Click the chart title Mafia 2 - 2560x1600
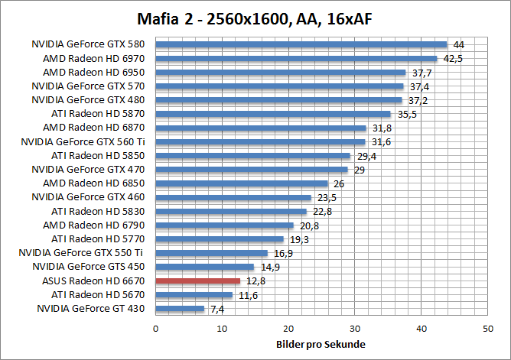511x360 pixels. click(x=255, y=17)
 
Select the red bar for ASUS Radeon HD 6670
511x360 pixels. click(x=198, y=281)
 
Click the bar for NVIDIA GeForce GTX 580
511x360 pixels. click(x=301, y=44)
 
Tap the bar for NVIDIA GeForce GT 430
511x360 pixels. click(x=180, y=308)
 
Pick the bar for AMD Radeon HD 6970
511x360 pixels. click(x=296, y=58)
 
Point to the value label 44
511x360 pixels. click(x=459, y=45)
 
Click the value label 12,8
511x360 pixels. click(x=254, y=281)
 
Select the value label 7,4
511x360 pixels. click(x=217, y=309)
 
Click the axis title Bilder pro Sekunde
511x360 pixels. click(x=321, y=344)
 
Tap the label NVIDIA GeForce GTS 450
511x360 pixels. click(x=88, y=267)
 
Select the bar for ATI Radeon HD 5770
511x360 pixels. click(x=220, y=238)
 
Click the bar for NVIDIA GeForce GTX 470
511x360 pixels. click(x=252, y=169)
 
